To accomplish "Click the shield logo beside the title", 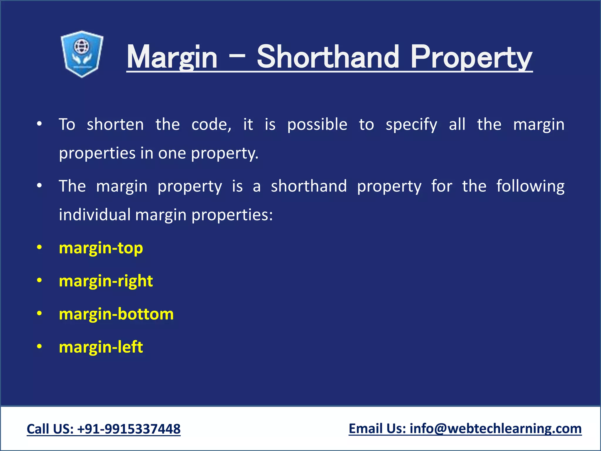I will (x=82, y=54).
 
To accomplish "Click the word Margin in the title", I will (x=172, y=57).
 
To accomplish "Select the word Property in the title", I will (x=471, y=57).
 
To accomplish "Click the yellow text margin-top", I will (x=101, y=248).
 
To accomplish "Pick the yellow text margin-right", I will (x=106, y=281).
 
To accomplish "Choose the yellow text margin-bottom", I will (x=116, y=314).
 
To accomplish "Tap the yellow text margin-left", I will (x=101, y=347).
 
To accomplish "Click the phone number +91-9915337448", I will (x=129, y=429).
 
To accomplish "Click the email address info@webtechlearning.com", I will (x=496, y=428).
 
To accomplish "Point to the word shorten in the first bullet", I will (x=115, y=124).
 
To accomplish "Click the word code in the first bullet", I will (x=211, y=124).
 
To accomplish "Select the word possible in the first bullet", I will (x=317, y=124).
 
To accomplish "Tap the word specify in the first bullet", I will (x=411, y=125).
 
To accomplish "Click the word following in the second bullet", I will (x=530, y=186).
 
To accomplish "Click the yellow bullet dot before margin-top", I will (x=39, y=248).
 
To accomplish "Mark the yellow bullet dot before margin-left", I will (x=39, y=346).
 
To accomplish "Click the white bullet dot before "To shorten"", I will (x=39, y=124).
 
